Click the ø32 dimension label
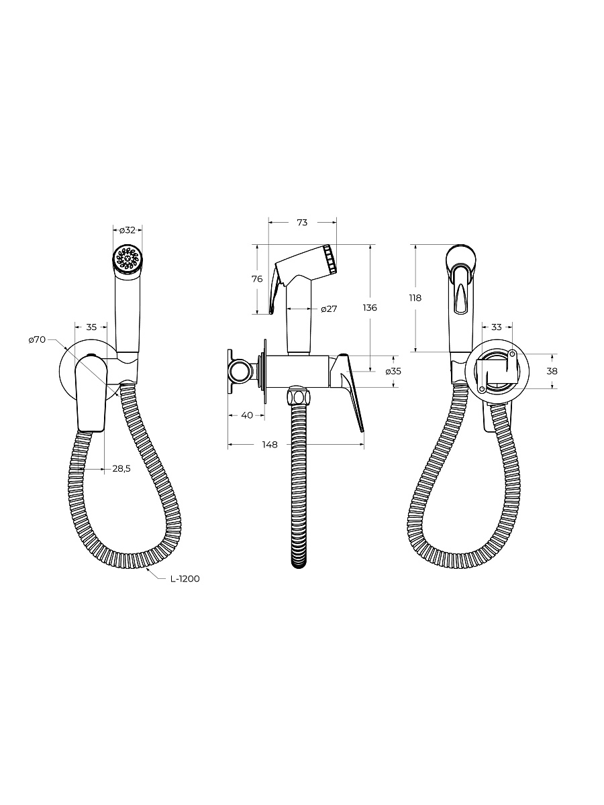click(x=128, y=230)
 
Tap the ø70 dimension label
click(x=37, y=339)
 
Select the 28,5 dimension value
click(x=121, y=468)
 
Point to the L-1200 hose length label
click(x=185, y=579)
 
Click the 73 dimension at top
click(x=302, y=222)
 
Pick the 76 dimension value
click(x=257, y=278)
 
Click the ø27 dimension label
click(x=329, y=309)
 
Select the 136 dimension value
click(x=370, y=307)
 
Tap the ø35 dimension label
click(x=393, y=371)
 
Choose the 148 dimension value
click(x=270, y=445)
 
